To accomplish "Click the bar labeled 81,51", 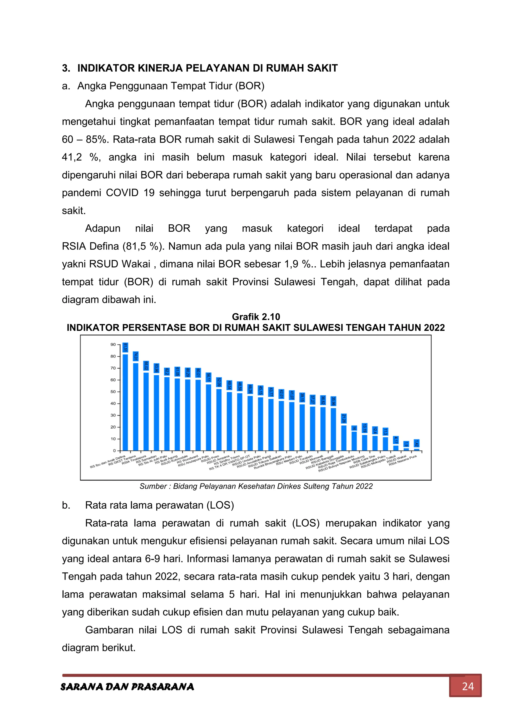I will [125, 402].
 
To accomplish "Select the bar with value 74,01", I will [135, 407].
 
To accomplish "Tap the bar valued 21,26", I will [344, 438].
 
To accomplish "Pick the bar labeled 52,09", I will [219, 419].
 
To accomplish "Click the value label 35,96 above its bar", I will [333, 401].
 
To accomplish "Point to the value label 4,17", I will [396, 440].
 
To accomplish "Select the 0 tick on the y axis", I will [114, 451].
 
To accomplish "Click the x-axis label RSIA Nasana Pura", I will [403, 460].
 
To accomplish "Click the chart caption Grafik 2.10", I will [256, 317].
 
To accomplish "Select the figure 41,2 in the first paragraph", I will [71, 157].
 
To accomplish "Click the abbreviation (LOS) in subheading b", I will [220, 505].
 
